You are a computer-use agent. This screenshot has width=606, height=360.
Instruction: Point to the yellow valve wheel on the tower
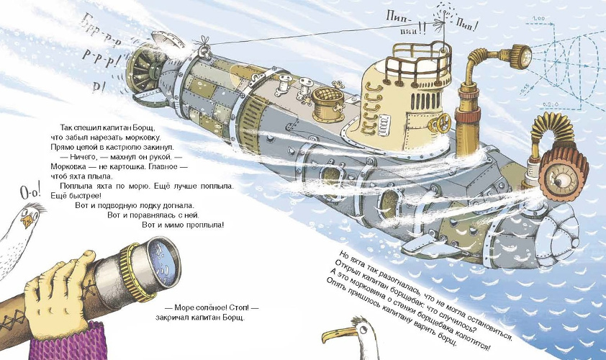click(x=440, y=124)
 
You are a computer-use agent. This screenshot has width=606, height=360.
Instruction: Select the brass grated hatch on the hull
click(x=327, y=106)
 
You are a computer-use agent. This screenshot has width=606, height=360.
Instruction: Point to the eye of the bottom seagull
click(x=363, y=330)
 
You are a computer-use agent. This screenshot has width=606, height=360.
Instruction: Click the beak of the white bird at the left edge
click(x=27, y=221)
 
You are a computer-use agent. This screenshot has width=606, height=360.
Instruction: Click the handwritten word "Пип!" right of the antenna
click(x=466, y=24)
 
